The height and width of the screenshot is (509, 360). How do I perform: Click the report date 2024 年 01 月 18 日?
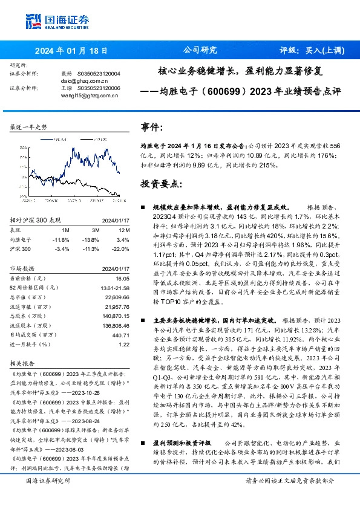pos(71,51)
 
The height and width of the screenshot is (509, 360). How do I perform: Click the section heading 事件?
pos(152,128)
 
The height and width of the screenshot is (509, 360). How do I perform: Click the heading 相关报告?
pos(24,363)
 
